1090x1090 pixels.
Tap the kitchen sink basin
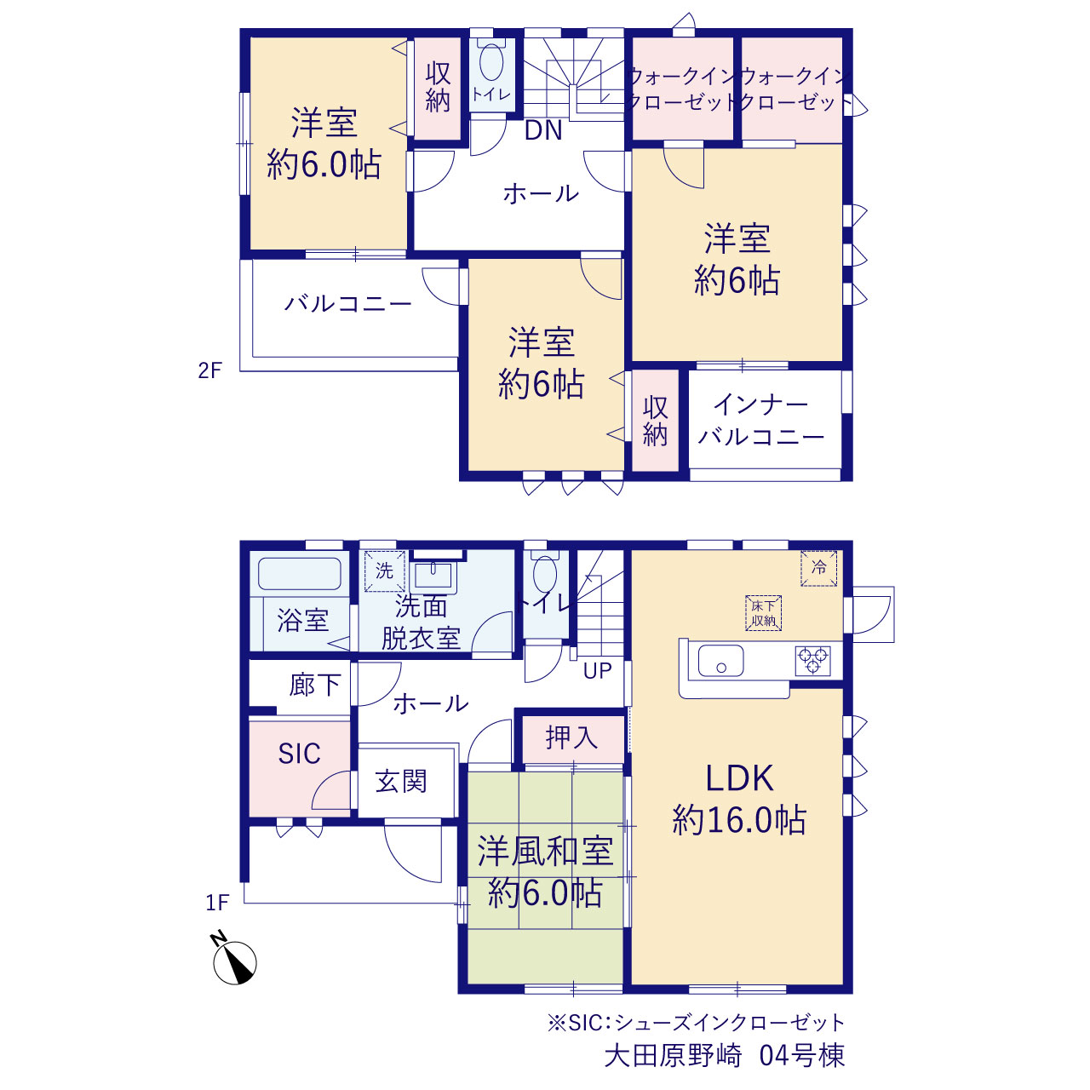point(720,661)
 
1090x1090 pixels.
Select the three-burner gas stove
point(813,661)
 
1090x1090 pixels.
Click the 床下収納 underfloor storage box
point(763,613)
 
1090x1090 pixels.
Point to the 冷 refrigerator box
point(818,568)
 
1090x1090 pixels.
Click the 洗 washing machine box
point(384,571)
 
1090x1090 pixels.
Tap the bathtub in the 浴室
point(299,574)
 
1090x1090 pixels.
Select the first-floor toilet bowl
point(545,576)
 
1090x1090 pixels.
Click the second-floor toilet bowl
point(491,61)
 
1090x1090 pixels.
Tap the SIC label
point(299,754)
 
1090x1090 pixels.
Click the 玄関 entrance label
point(400,781)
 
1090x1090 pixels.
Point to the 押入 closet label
point(571,737)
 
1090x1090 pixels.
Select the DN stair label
point(543,130)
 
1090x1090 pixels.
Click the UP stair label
point(597,671)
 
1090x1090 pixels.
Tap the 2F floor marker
point(209,370)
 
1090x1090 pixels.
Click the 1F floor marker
point(216,902)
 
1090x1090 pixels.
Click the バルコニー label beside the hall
point(347,304)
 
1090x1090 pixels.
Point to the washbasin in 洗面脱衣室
point(433,576)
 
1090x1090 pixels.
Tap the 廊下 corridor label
point(315,685)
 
